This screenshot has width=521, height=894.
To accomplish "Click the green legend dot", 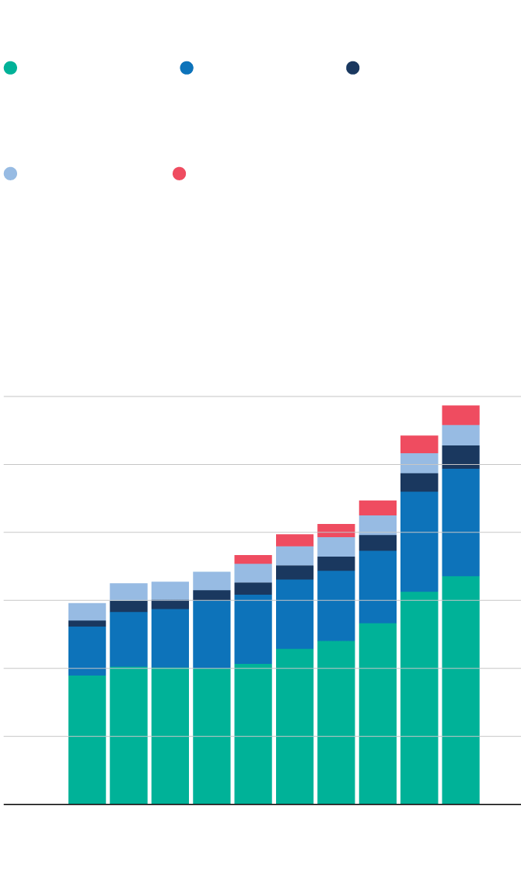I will click(10, 68).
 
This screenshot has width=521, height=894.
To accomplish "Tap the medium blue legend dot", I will click(187, 68).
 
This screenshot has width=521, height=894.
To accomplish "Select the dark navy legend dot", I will click(353, 68).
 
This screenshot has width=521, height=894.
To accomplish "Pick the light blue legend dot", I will click(10, 173).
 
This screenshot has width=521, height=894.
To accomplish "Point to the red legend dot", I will click(179, 173).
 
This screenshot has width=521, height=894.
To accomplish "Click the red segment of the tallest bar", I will click(460, 415).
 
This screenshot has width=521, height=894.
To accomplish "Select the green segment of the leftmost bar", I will click(87, 739).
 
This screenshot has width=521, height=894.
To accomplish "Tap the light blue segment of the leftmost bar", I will click(87, 611).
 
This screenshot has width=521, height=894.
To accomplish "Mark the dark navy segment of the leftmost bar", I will click(87, 623).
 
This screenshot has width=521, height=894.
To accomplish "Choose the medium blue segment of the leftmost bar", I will click(87, 650).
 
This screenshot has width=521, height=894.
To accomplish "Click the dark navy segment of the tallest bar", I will click(460, 456).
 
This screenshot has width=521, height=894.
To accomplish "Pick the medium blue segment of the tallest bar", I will click(460, 522).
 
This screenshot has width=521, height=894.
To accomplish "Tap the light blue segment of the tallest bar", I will click(460, 435).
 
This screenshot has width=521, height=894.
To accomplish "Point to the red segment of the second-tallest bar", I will click(419, 444).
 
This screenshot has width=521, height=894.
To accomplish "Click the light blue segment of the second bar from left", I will click(128, 592).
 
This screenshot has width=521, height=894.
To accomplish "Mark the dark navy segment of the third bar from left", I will click(170, 604).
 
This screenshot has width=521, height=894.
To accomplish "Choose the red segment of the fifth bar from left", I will click(253, 559).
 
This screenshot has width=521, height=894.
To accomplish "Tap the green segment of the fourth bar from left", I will click(212, 735).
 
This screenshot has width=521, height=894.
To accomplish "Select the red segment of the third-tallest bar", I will click(377, 508).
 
